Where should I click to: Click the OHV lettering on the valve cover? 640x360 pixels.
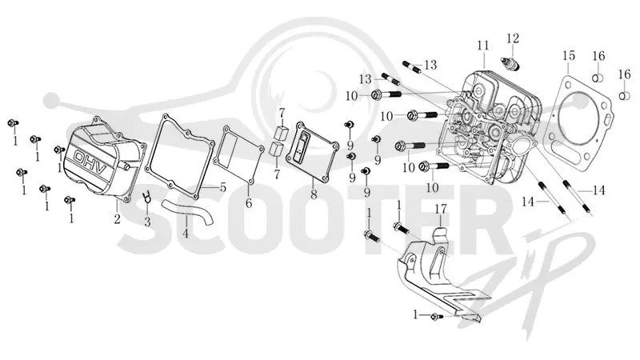point(90,162)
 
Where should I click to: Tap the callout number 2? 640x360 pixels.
point(117,219)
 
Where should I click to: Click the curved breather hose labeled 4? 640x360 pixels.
point(188,210)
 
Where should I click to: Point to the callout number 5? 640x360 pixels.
point(222,188)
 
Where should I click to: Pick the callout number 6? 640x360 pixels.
point(249,202)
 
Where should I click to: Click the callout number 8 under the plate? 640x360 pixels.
point(314,194)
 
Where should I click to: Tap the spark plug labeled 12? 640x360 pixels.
point(510,63)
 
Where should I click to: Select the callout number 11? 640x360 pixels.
point(483,46)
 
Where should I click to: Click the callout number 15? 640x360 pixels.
point(569,55)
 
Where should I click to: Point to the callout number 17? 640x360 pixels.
point(441,209)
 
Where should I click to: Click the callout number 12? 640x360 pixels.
point(513,38)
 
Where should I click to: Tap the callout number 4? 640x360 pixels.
point(186,234)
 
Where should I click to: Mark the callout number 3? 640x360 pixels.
point(147,222)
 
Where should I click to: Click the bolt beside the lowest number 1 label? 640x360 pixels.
point(436,316)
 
